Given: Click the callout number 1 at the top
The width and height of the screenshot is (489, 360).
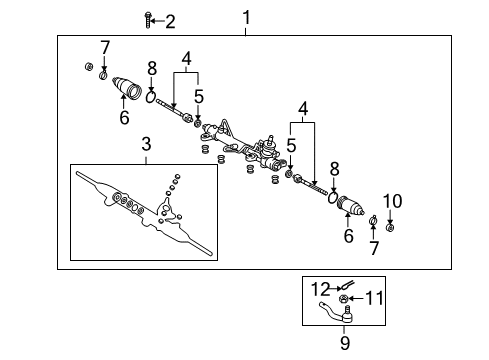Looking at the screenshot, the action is (246, 18).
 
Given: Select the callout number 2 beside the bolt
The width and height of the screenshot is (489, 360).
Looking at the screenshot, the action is (170, 22).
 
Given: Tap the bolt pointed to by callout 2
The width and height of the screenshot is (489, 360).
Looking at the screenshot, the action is (148, 20).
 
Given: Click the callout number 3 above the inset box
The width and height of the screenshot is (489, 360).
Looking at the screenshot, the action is (146, 144).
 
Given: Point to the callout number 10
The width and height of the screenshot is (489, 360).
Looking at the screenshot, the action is (392, 201).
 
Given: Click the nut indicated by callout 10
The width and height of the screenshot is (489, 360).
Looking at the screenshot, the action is (390, 228).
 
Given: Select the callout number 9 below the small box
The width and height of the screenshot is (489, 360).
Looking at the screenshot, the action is (345, 343).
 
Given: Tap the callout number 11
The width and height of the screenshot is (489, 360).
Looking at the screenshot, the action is (374, 298).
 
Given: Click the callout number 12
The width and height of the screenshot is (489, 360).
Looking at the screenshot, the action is (320, 289).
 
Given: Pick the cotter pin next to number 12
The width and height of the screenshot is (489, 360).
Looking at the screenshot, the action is (347, 285).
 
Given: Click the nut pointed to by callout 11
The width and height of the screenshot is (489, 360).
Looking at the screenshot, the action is (343, 299).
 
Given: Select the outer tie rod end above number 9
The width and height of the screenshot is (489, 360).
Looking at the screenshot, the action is (337, 312).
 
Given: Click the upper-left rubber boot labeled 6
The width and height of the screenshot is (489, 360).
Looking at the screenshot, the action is (126, 87).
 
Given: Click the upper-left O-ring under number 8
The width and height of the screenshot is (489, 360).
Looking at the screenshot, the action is (151, 97).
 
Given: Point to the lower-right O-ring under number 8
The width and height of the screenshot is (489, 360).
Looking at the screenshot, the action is (332, 198).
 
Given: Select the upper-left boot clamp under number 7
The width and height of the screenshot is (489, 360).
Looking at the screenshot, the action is (103, 75).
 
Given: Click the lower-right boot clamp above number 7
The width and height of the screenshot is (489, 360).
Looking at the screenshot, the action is (373, 220).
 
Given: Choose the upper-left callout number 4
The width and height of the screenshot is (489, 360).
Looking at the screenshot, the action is (186, 59).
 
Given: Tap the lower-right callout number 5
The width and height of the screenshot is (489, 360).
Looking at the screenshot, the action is (291, 146).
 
